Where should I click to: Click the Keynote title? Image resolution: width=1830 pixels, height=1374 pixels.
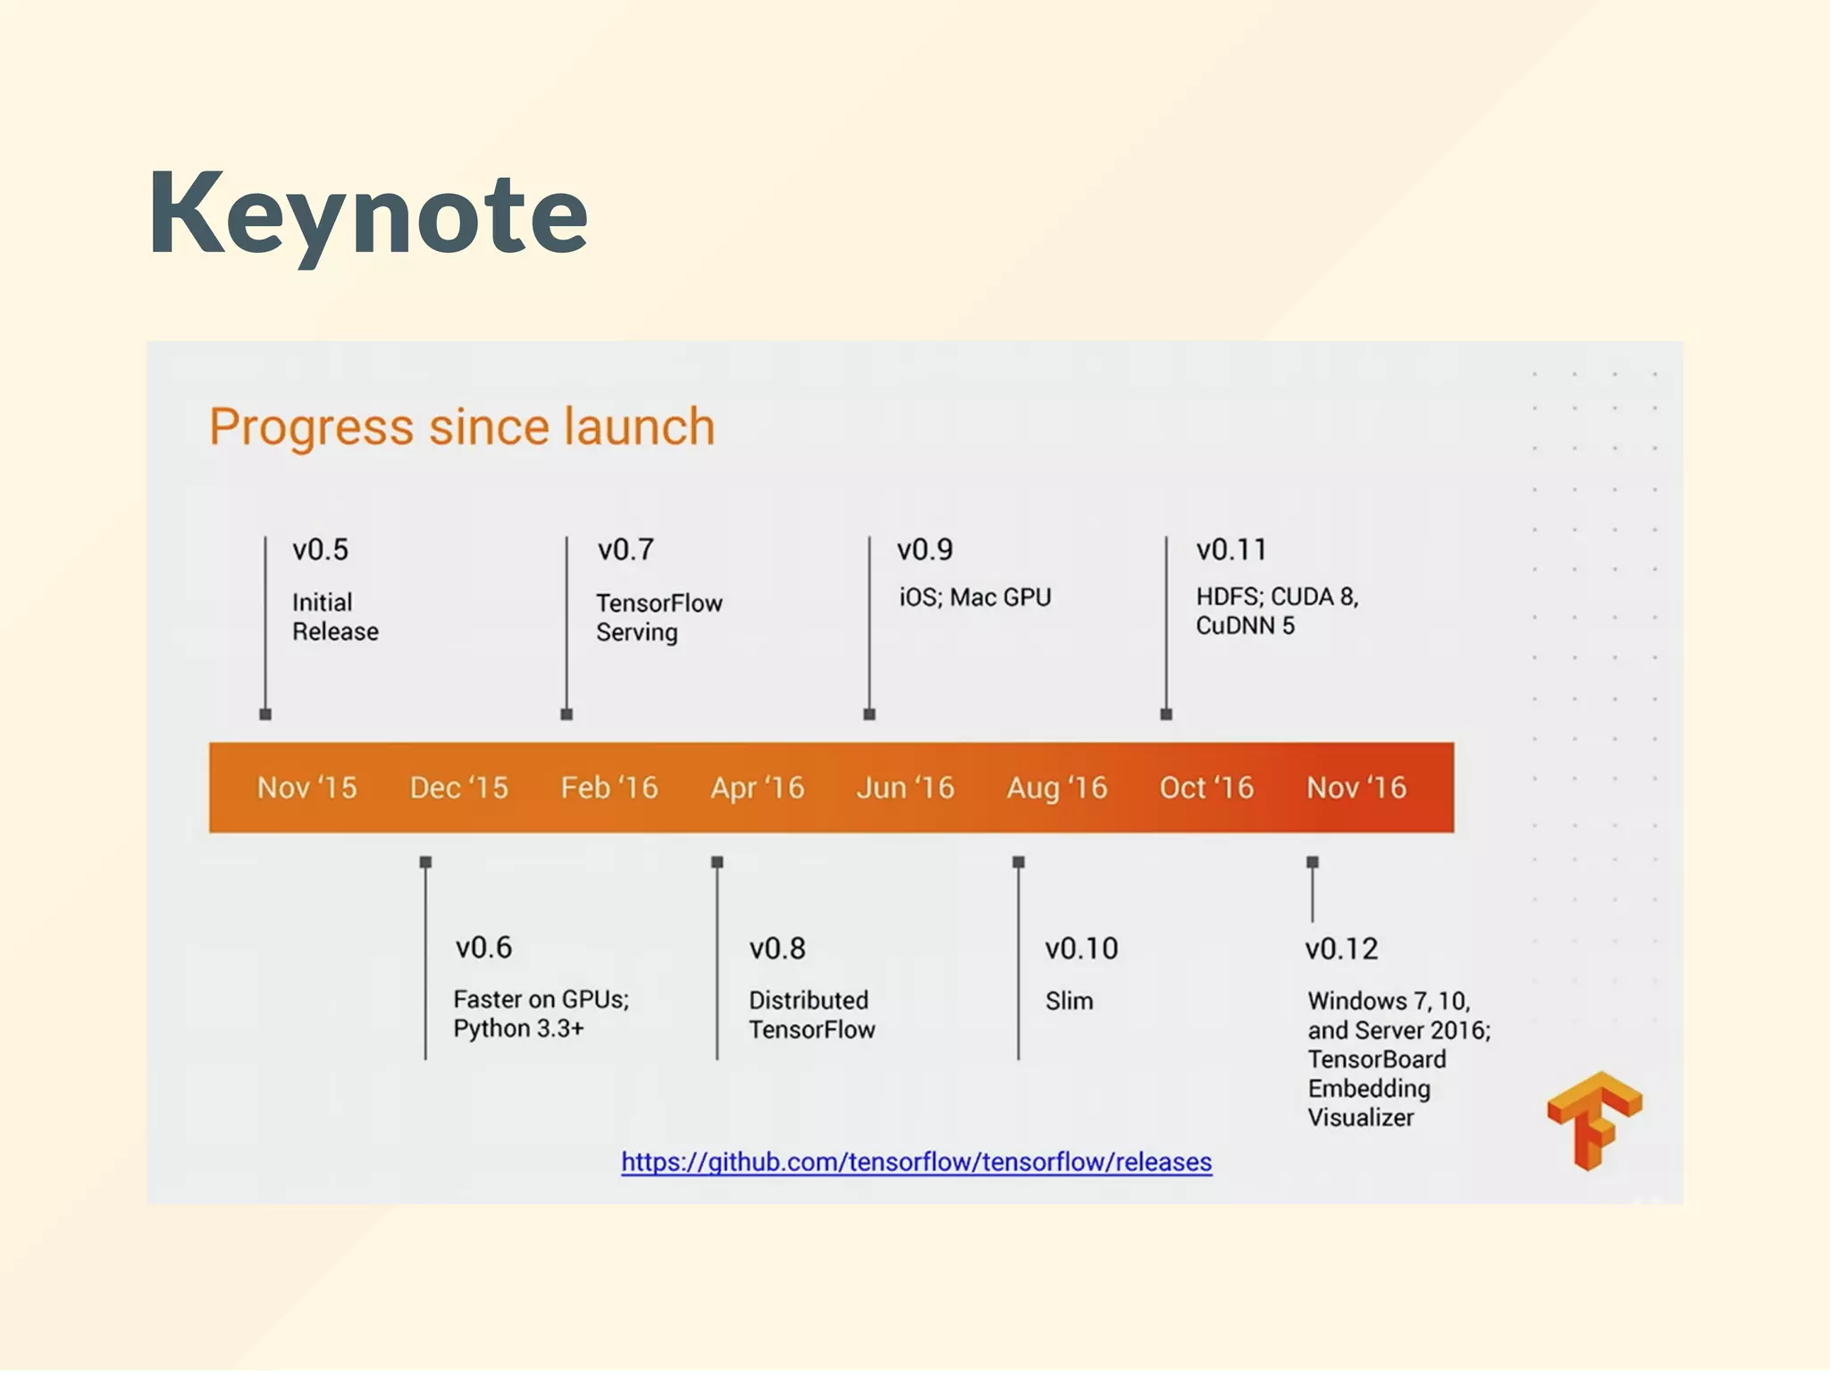click(x=368, y=215)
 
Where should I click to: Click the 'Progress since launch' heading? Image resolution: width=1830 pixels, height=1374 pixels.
click(x=462, y=427)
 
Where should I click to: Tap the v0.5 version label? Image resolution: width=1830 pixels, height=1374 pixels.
click(x=320, y=549)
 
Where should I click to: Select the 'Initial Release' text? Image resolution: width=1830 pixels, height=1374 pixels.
click(x=335, y=616)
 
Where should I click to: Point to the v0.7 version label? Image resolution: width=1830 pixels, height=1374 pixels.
click(x=625, y=549)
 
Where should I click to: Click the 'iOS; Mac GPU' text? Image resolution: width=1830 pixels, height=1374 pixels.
click(x=975, y=597)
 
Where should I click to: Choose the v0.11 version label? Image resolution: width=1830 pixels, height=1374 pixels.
click(x=1231, y=549)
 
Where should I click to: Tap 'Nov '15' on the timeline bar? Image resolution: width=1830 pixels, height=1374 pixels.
click(x=306, y=788)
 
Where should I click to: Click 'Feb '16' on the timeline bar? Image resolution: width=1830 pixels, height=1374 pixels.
click(x=609, y=788)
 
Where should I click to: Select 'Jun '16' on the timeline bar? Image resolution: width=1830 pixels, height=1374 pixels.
click(x=905, y=788)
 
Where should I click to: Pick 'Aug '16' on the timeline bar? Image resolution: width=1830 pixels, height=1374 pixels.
click(x=1057, y=788)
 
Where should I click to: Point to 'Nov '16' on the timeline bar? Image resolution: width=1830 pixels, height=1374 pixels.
click(x=1356, y=788)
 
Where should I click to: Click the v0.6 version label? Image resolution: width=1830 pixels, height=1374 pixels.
click(x=483, y=948)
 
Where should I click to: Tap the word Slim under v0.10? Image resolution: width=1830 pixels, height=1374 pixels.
click(x=1069, y=1001)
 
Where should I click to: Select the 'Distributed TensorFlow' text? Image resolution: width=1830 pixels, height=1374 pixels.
click(x=811, y=1015)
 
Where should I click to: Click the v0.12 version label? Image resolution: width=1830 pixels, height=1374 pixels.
click(x=1341, y=949)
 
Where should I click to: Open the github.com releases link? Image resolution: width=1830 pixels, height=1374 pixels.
click(x=917, y=1162)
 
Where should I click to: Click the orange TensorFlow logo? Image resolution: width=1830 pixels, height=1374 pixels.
click(x=1594, y=1120)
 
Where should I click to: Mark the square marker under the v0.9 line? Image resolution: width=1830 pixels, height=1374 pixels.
click(x=869, y=715)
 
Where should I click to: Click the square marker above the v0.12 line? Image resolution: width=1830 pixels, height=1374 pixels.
click(x=1313, y=862)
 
